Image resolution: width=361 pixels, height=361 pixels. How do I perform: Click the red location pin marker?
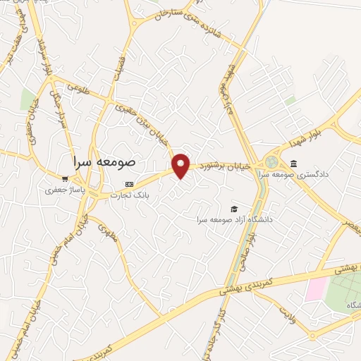[181, 165]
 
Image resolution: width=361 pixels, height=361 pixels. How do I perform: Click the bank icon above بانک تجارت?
[128, 184]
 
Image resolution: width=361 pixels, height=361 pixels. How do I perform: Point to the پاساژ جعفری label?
[65, 190]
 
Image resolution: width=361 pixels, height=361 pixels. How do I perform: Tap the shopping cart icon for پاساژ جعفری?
[64, 178]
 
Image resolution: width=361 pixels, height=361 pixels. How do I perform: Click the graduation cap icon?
[233, 208]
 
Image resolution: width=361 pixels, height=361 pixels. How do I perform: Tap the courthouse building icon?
[293, 164]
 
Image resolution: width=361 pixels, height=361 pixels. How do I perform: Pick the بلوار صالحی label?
[249, 250]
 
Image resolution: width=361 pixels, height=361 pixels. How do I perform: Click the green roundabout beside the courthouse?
[272, 161]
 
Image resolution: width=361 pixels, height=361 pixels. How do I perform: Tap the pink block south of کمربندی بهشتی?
[317, 288]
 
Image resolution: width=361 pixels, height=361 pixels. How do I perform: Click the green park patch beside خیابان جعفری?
[27, 99]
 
